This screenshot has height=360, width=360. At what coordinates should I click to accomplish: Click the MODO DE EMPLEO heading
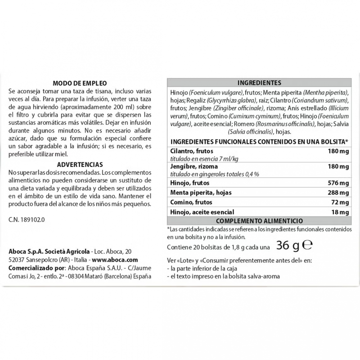click(x=79, y=83)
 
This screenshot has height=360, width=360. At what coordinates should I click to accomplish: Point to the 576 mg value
click(x=338, y=183)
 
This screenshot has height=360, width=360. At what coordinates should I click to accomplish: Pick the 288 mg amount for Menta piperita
click(x=338, y=193)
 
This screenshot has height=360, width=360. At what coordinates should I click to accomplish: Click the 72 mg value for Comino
click(x=340, y=202)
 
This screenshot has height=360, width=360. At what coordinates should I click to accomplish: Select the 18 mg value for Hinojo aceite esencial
click(x=340, y=211)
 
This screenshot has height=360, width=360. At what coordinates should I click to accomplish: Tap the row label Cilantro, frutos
click(x=189, y=151)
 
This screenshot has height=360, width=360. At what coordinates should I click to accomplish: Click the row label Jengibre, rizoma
click(x=191, y=167)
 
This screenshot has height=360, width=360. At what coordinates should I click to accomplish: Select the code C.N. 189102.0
click(x=27, y=220)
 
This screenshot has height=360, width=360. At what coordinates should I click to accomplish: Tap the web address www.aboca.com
click(x=116, y=260)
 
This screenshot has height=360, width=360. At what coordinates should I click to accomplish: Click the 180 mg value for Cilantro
click(x=338, y=151)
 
